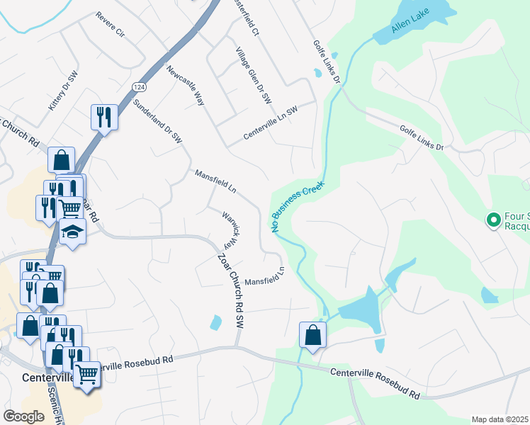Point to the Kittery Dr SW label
click(62, 92)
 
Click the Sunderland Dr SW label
click(158, 120)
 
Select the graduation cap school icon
click(72, 232)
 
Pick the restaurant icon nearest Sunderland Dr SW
click(104, 117)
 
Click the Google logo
click(23, 416)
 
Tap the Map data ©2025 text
click(500, 419)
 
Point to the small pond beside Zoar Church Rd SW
click(215, 323)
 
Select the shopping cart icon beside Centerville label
click(86, 373)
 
